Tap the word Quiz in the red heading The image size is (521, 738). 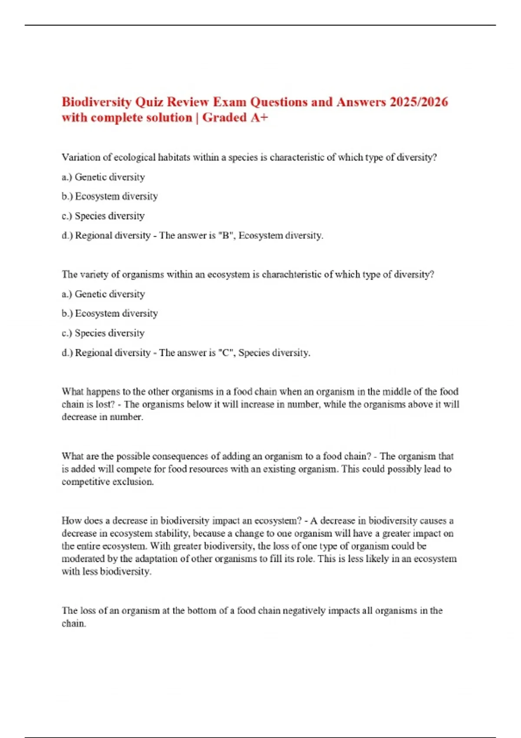pyautogui.click(x=149, y=102)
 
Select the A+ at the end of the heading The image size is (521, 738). pyautogui.click(x=259, y=118)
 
